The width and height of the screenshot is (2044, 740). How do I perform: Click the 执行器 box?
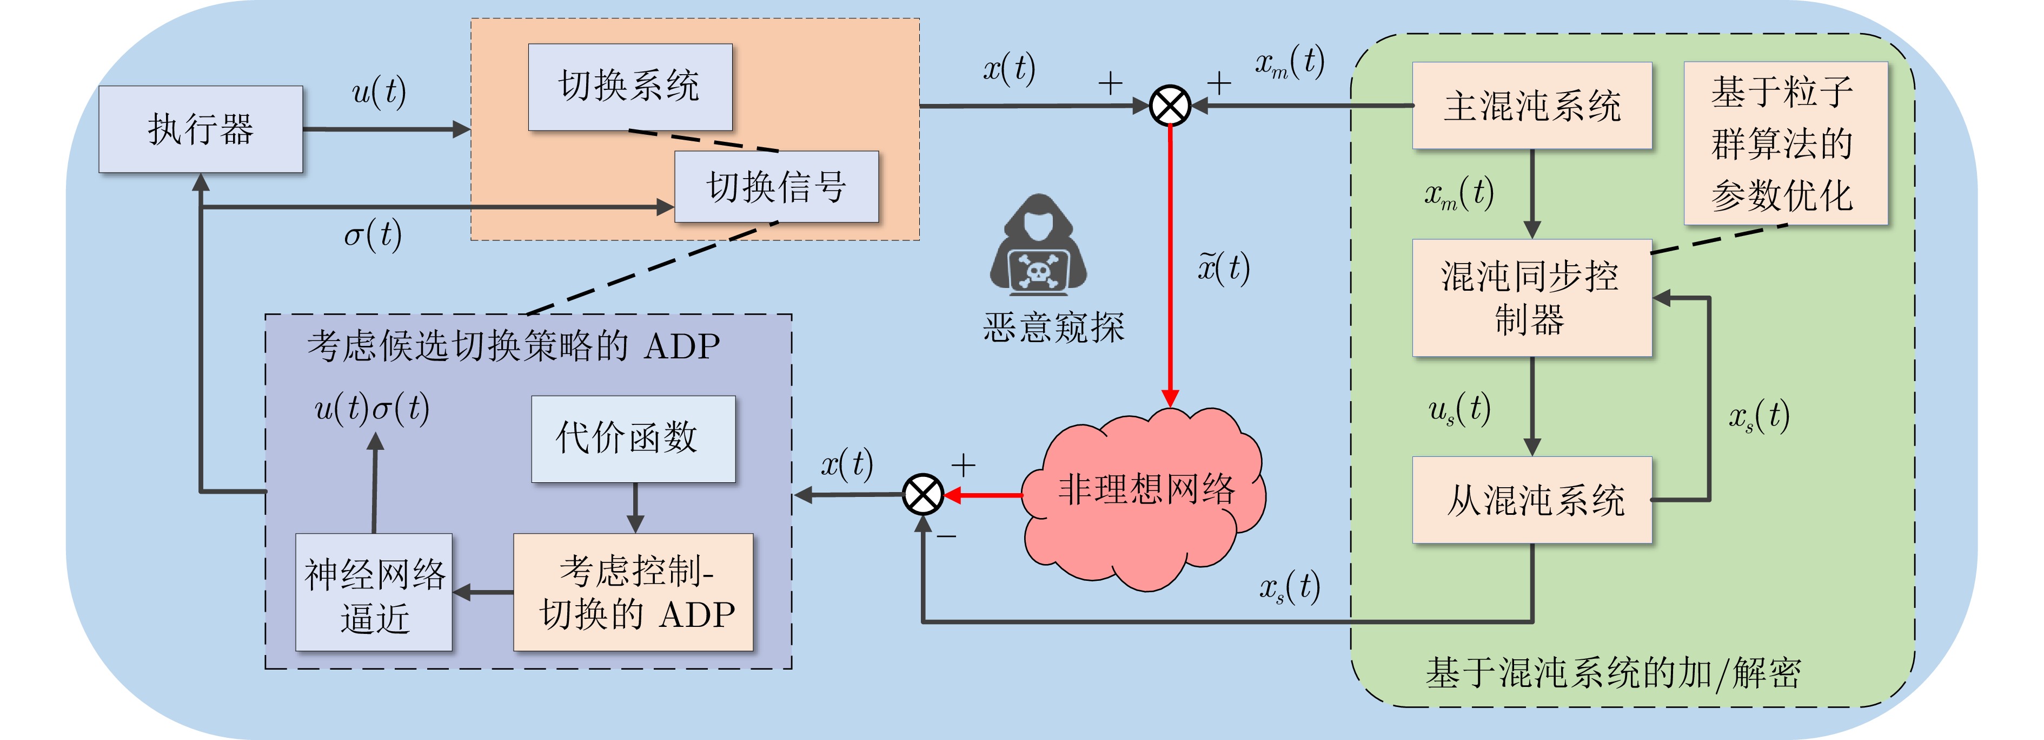pos(200,129)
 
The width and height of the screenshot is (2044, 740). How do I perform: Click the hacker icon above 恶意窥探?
pos(1038,246)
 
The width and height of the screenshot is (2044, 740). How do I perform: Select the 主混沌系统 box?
pos(1531,106)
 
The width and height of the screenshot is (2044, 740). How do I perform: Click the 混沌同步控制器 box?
pos(1531,298)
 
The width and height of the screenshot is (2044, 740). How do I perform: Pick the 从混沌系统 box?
pos(1531,500)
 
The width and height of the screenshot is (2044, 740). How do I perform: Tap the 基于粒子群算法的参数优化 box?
pos(1784,143)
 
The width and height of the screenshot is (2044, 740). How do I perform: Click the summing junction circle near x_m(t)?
pos(1170,106)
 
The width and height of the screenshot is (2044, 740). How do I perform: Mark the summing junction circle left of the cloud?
pos(923,495)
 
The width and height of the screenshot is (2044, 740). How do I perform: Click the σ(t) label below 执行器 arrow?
pos(372,235)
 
